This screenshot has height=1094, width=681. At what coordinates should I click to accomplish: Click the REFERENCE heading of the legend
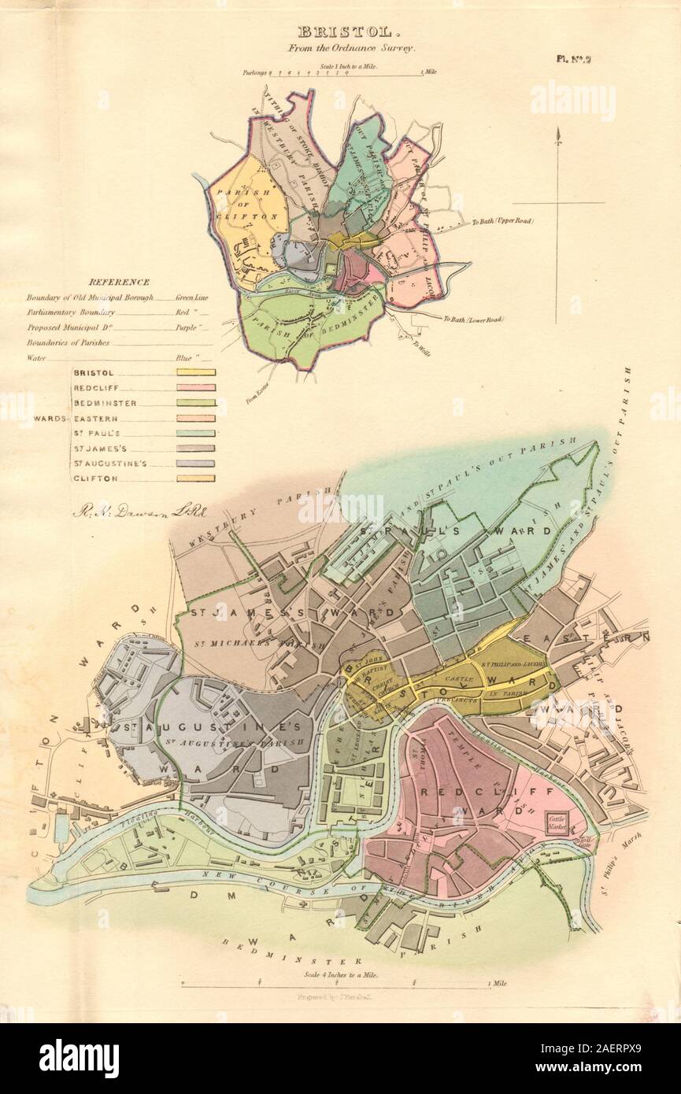(x=119, y=282)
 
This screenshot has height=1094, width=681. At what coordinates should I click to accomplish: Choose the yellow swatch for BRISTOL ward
(x=196, y=372)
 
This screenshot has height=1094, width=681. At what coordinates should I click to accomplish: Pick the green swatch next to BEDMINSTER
(x=196, y=403)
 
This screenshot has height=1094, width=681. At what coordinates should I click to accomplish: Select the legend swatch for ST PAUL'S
(x=196, y=433)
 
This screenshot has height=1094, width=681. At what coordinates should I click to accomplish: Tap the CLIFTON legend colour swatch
(x=196, y=479)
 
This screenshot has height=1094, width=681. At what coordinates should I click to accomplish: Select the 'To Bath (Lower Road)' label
(x=472, y=320)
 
